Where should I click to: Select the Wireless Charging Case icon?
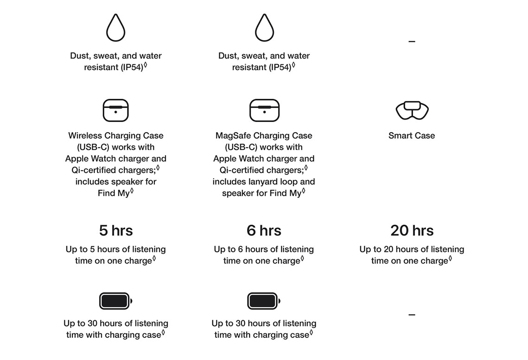tap(115, 110)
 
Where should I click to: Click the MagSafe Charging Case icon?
tap(264, 110)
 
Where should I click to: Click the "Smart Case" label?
tap(412, 135)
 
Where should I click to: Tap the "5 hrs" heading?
tap(116, 231)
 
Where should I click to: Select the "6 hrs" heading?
tap(264, 231)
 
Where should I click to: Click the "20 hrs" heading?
tap(412, 231)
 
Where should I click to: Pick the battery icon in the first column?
tap(115, 301)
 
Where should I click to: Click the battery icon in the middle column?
tap(264, 301)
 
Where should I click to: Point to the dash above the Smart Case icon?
tap(412, 41)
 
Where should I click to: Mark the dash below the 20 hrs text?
tap(412, 315)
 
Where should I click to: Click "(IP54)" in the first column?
tap(132, 67)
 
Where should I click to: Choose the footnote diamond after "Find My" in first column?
tap(132, 191)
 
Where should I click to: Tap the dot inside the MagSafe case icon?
tap(264, 112)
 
